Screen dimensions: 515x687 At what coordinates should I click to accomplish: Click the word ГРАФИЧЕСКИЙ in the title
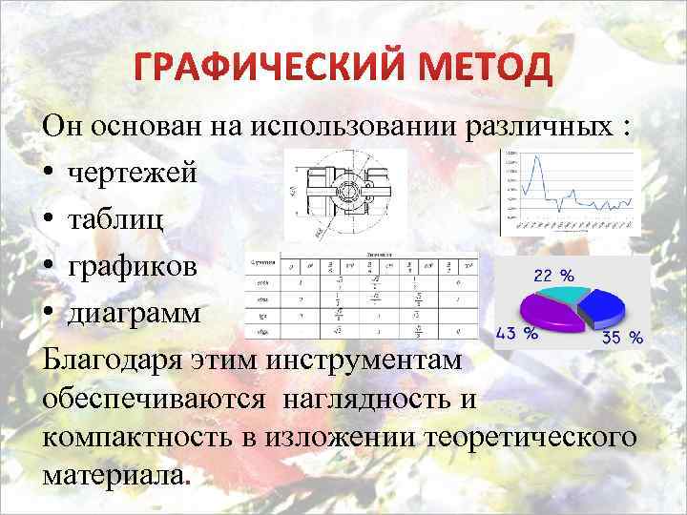coord(239,69)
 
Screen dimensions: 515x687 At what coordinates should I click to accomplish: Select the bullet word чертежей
coord(133,175)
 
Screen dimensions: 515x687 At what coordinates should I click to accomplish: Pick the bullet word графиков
coord(134,266)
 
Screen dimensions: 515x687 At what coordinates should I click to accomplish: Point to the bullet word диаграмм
coord(135,313)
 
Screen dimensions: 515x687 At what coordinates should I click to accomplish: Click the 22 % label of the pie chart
coord(552,276)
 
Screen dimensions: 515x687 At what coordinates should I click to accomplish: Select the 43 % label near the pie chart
coord(516,333)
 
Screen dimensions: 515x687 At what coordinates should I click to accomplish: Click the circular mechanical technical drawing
coord(344,194)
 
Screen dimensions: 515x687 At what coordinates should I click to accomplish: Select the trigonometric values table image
coord(362,297)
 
